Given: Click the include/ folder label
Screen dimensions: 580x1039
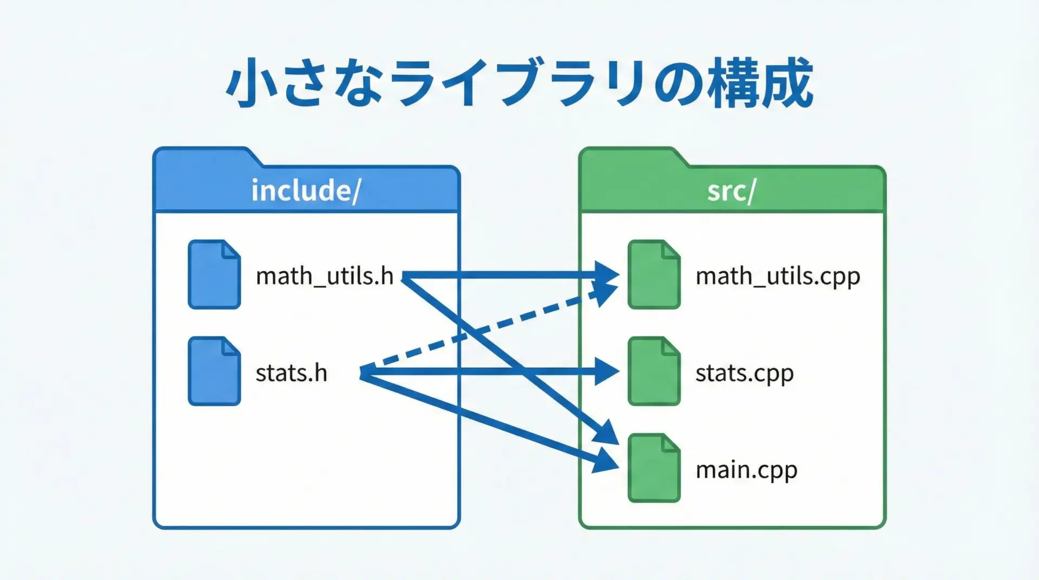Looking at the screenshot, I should tap(306, 190).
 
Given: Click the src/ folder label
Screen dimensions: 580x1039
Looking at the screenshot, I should tap(731, 190).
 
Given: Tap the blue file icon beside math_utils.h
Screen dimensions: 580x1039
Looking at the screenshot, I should tap(214, 275).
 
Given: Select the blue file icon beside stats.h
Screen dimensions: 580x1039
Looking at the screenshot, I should tap(214, 372).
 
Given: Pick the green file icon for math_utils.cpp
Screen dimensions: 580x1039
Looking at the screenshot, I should tap(654, 275).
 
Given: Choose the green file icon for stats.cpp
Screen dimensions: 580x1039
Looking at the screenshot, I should tap(654, 372).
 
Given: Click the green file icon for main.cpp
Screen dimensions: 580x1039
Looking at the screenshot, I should tap(654, 469).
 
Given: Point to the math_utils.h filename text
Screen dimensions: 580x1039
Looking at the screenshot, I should tap(324, 276).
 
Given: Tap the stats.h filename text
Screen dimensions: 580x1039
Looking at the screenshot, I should tap(291, 373).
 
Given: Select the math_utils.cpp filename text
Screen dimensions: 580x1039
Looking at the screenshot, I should tap(778, 276).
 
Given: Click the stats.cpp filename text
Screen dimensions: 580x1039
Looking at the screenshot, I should tap(744, 373).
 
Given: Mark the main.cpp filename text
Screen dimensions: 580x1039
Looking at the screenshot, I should tap(746, 470).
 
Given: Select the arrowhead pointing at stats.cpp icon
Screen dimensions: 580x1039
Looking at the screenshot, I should tap(607, 372).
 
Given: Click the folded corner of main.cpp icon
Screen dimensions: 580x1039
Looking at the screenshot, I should tap(670, 443).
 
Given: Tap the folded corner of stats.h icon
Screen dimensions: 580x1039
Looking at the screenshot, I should tap(231, 346).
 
